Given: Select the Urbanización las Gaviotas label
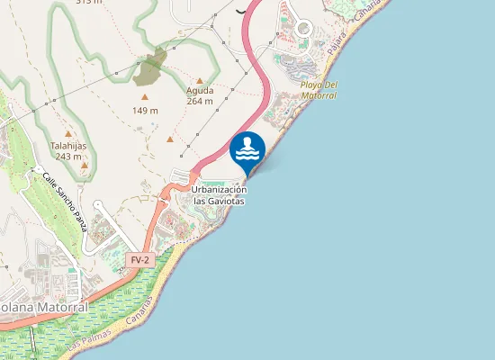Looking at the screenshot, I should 220,195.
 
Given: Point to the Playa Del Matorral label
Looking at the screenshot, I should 319,90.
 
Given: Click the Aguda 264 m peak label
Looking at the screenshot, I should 200,95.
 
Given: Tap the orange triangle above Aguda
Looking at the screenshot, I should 200,80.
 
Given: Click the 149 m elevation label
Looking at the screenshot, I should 145,111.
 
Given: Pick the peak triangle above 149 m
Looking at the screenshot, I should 144,96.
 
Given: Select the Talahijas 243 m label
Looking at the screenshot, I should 68,150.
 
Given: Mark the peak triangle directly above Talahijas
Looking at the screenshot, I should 68,134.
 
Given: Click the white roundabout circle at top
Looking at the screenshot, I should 302,28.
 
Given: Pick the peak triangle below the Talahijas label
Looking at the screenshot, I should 85,165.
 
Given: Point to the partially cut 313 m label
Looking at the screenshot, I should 89,3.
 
